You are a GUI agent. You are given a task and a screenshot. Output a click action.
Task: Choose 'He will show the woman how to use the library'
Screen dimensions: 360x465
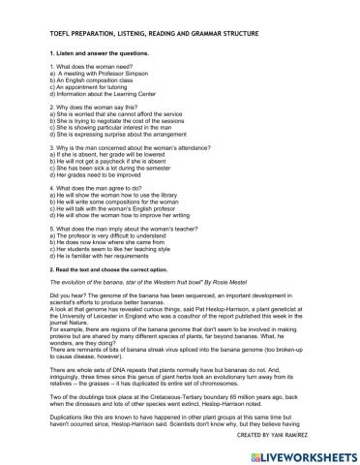pyautogui.click(x=117, y=194)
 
